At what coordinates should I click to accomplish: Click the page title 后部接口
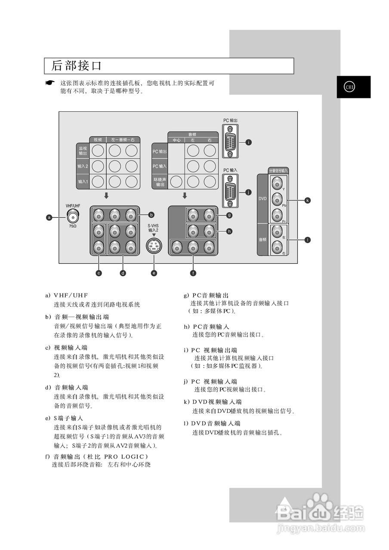(x=77, y=66)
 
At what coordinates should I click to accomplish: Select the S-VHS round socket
(x=154, y=246)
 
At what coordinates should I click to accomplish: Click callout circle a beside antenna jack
(x=49, y=217)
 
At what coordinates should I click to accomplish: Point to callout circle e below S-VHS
(x=154, y=272)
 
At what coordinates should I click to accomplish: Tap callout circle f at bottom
(x=193, y=272)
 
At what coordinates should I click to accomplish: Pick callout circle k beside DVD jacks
(x=307, y=200)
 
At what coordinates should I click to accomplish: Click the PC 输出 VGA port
(x=231, y=141)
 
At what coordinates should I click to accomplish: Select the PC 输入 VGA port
(x=231, y=190)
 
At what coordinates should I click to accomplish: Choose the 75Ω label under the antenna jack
(x=72, y=226)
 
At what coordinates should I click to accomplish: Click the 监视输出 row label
(x=83, y=151)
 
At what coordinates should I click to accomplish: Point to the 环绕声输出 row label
(x=160, y=182)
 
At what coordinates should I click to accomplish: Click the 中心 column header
(x=176, y=141)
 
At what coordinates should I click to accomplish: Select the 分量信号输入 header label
(x=278, y=171)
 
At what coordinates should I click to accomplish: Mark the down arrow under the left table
(x=106, y=196)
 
